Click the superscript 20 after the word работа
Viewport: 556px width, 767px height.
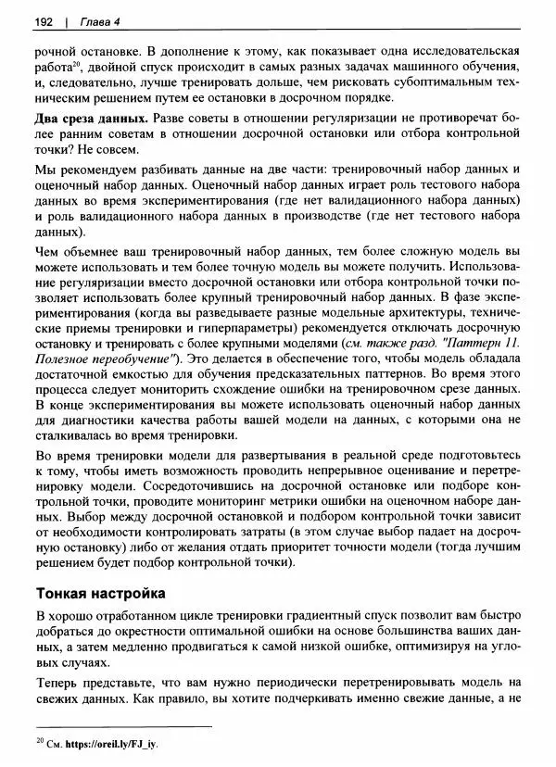[x=78, y=65]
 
